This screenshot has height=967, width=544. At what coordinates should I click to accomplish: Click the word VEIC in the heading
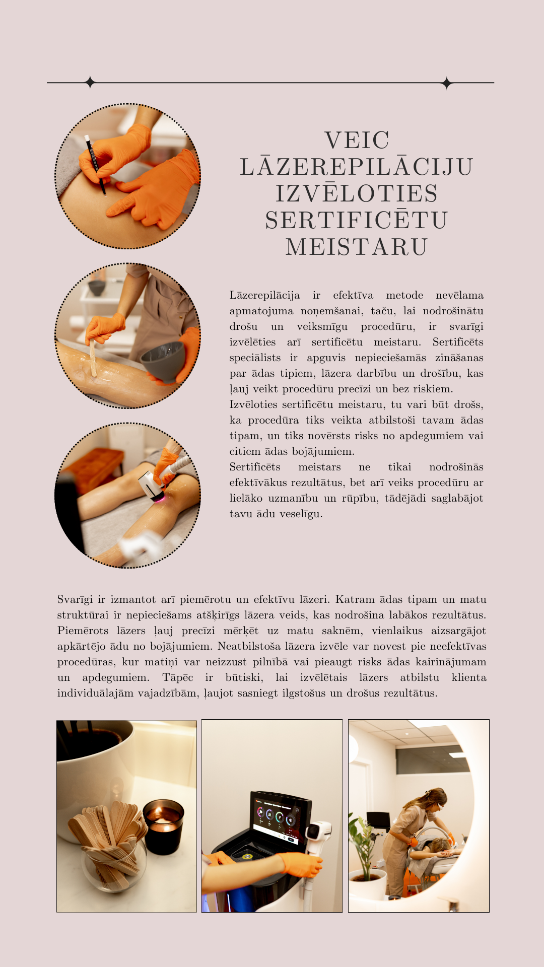357,140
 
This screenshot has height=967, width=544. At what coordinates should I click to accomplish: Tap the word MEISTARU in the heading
357,247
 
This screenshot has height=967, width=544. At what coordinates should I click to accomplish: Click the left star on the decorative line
90,82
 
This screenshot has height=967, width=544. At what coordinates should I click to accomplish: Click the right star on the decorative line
446,83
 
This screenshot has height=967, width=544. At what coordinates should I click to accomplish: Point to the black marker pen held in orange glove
95,164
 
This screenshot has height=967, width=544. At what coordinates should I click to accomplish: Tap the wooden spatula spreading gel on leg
93,357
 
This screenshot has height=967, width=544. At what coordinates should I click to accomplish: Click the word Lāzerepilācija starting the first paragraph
264,296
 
